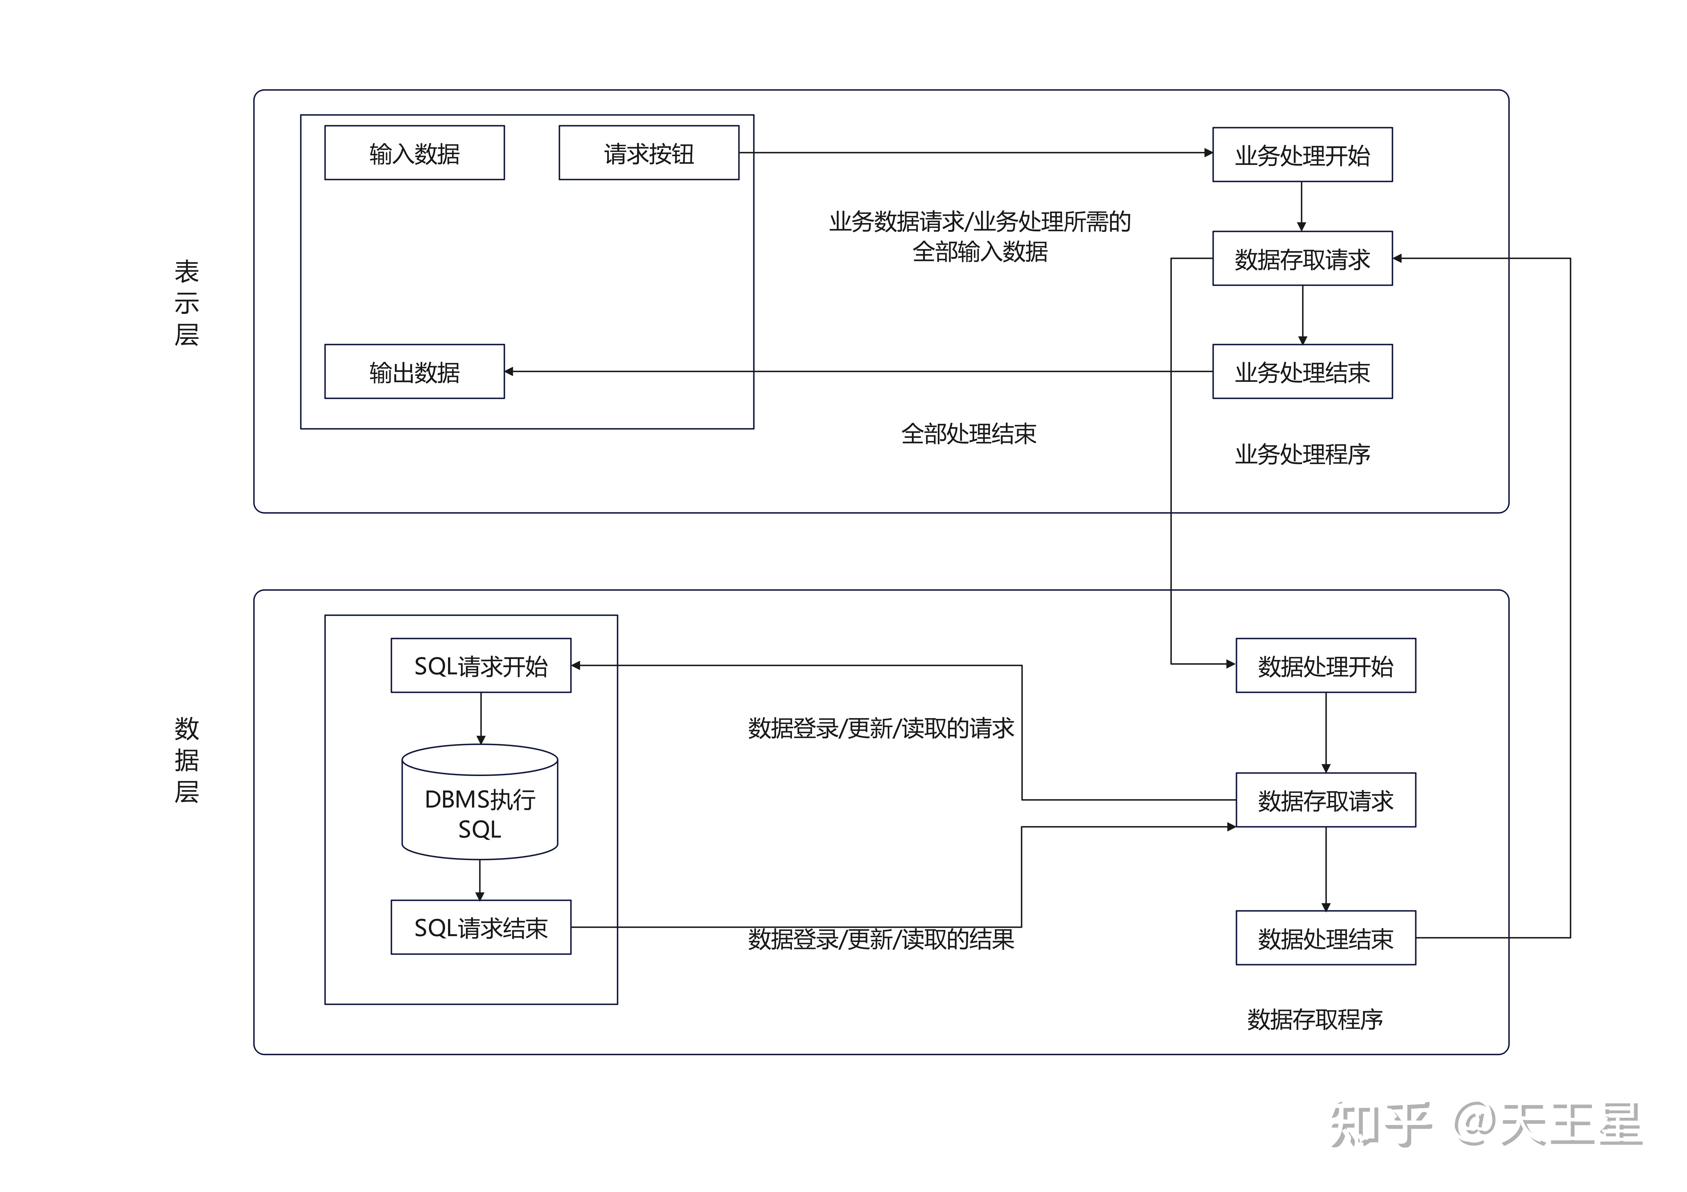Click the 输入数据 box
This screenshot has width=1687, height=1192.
[414, 153]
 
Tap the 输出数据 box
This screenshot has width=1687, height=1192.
[414, 372]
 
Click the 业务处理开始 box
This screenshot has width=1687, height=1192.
[1302, 155]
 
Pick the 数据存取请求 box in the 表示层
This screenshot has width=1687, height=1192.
[1302, 258]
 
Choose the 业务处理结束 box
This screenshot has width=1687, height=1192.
[1302, 372]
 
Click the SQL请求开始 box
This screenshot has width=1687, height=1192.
[480, 665]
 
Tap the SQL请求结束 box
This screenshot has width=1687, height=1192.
[480, 928]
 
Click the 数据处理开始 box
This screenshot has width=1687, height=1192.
[1326, 665]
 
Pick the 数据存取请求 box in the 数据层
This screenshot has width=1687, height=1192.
[1326, 800]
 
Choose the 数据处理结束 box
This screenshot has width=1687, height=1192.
[1326, 938]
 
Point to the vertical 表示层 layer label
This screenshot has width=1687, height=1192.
[187, 303]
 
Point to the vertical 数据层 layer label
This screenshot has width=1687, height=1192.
[187, 760]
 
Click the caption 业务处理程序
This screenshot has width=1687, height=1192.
[1302, 454]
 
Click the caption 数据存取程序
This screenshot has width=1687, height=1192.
[1314, 1019]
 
